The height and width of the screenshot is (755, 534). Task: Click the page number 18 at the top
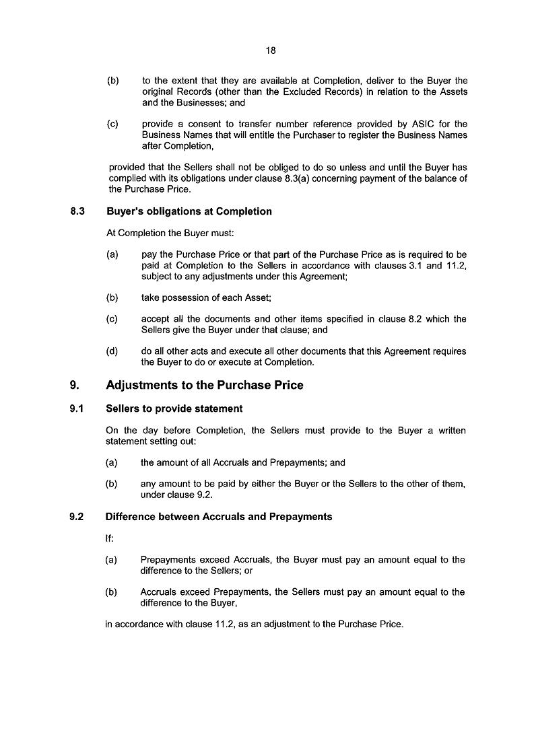(x=270, y=50)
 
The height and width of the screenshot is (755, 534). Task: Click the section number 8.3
(x=77, y=211)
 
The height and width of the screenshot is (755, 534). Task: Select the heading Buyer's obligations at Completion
(x=189, y=211)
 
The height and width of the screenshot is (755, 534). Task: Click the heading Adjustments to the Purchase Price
(x=205, y=386)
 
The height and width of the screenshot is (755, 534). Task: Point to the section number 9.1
(x=77, y=408)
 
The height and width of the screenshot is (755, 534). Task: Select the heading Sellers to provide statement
(x=174, y=408)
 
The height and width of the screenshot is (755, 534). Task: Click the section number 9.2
(x=77, y=517)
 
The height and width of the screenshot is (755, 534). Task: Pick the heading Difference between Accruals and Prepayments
(x=219, y=517)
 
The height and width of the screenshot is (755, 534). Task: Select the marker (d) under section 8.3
(x=112, y=351)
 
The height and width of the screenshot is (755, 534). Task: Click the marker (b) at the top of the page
(x=113, y=81)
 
